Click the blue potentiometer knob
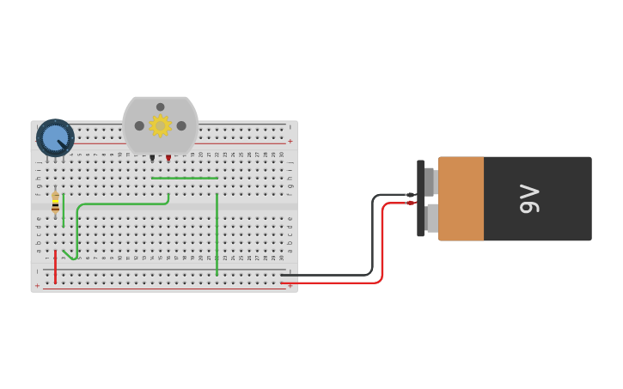pos(55,137)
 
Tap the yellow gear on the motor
pos(160,125)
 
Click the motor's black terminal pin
pos(152,158)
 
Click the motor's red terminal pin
pos(168,158)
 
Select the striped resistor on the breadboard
pos(56,203)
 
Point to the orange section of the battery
pos(461,198)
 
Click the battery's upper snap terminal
pos(430,181)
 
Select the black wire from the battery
pos(373,240)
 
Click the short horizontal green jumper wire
pos(185,179)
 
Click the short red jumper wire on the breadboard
pos(55,267)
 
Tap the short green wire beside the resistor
pos(64,210)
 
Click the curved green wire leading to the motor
pos(120,204)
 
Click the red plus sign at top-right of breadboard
pos(290,142)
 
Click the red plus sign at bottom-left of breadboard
pos(37,285)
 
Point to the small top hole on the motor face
pos(160,107)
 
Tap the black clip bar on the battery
pos(420,198)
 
